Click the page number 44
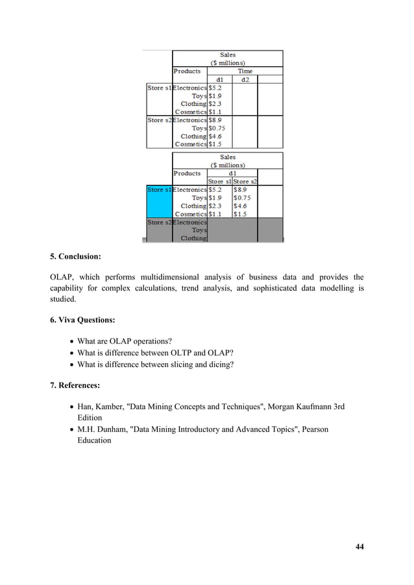[x=359, y=547]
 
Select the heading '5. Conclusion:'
[x=75, y=256]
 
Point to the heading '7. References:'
[x=75, y=386]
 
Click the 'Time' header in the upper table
[x=245, y=71]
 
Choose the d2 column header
[x=245, y=80]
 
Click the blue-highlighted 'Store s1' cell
[x=159, y=190]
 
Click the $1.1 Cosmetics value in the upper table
[x=215, y=112]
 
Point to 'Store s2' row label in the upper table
[x=159, y=120]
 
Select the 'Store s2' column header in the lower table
[x=245, y=182]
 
